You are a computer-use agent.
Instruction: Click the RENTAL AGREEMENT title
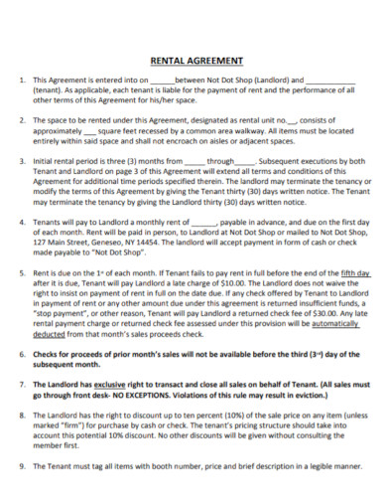[193, 58]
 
